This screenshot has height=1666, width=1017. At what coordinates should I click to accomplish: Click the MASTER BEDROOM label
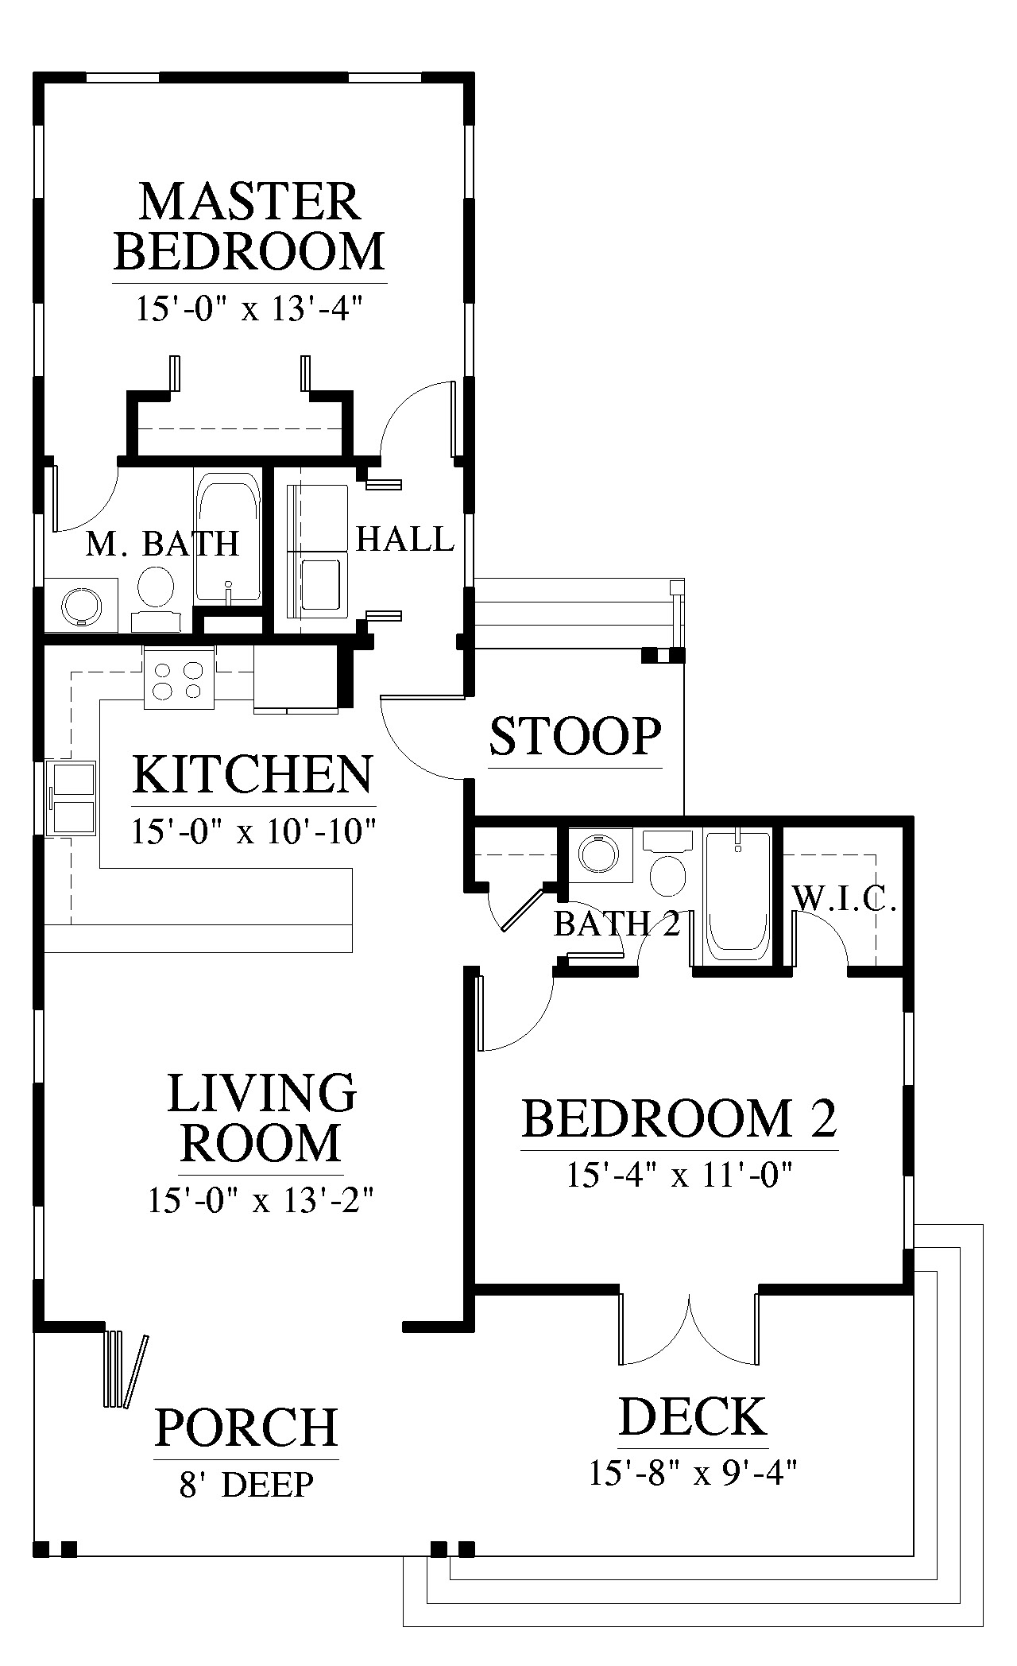249,226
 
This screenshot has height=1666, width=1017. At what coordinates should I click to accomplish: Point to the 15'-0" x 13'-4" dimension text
249,308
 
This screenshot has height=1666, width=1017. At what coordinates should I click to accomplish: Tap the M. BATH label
162,544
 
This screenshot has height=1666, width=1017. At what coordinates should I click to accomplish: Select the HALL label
404,539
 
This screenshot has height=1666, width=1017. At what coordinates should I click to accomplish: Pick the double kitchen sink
72,798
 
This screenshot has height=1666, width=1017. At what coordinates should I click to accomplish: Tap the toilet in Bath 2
667,863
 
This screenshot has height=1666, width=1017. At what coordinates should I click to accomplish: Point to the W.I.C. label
845,899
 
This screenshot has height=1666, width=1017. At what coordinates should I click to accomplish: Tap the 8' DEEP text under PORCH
246,1483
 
